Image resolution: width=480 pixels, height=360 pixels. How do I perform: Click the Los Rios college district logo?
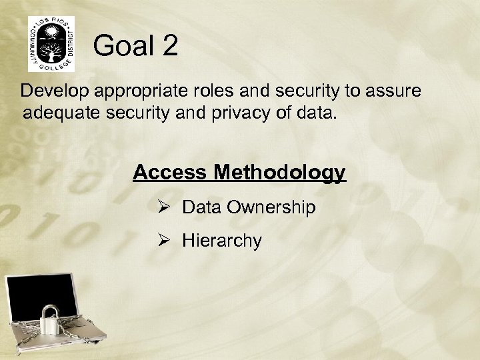[51, 44]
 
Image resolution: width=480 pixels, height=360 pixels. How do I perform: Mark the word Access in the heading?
[171, 172]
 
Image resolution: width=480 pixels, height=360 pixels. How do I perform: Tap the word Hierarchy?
[222, 241]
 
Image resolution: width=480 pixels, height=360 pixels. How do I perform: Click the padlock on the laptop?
[51, 319]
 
